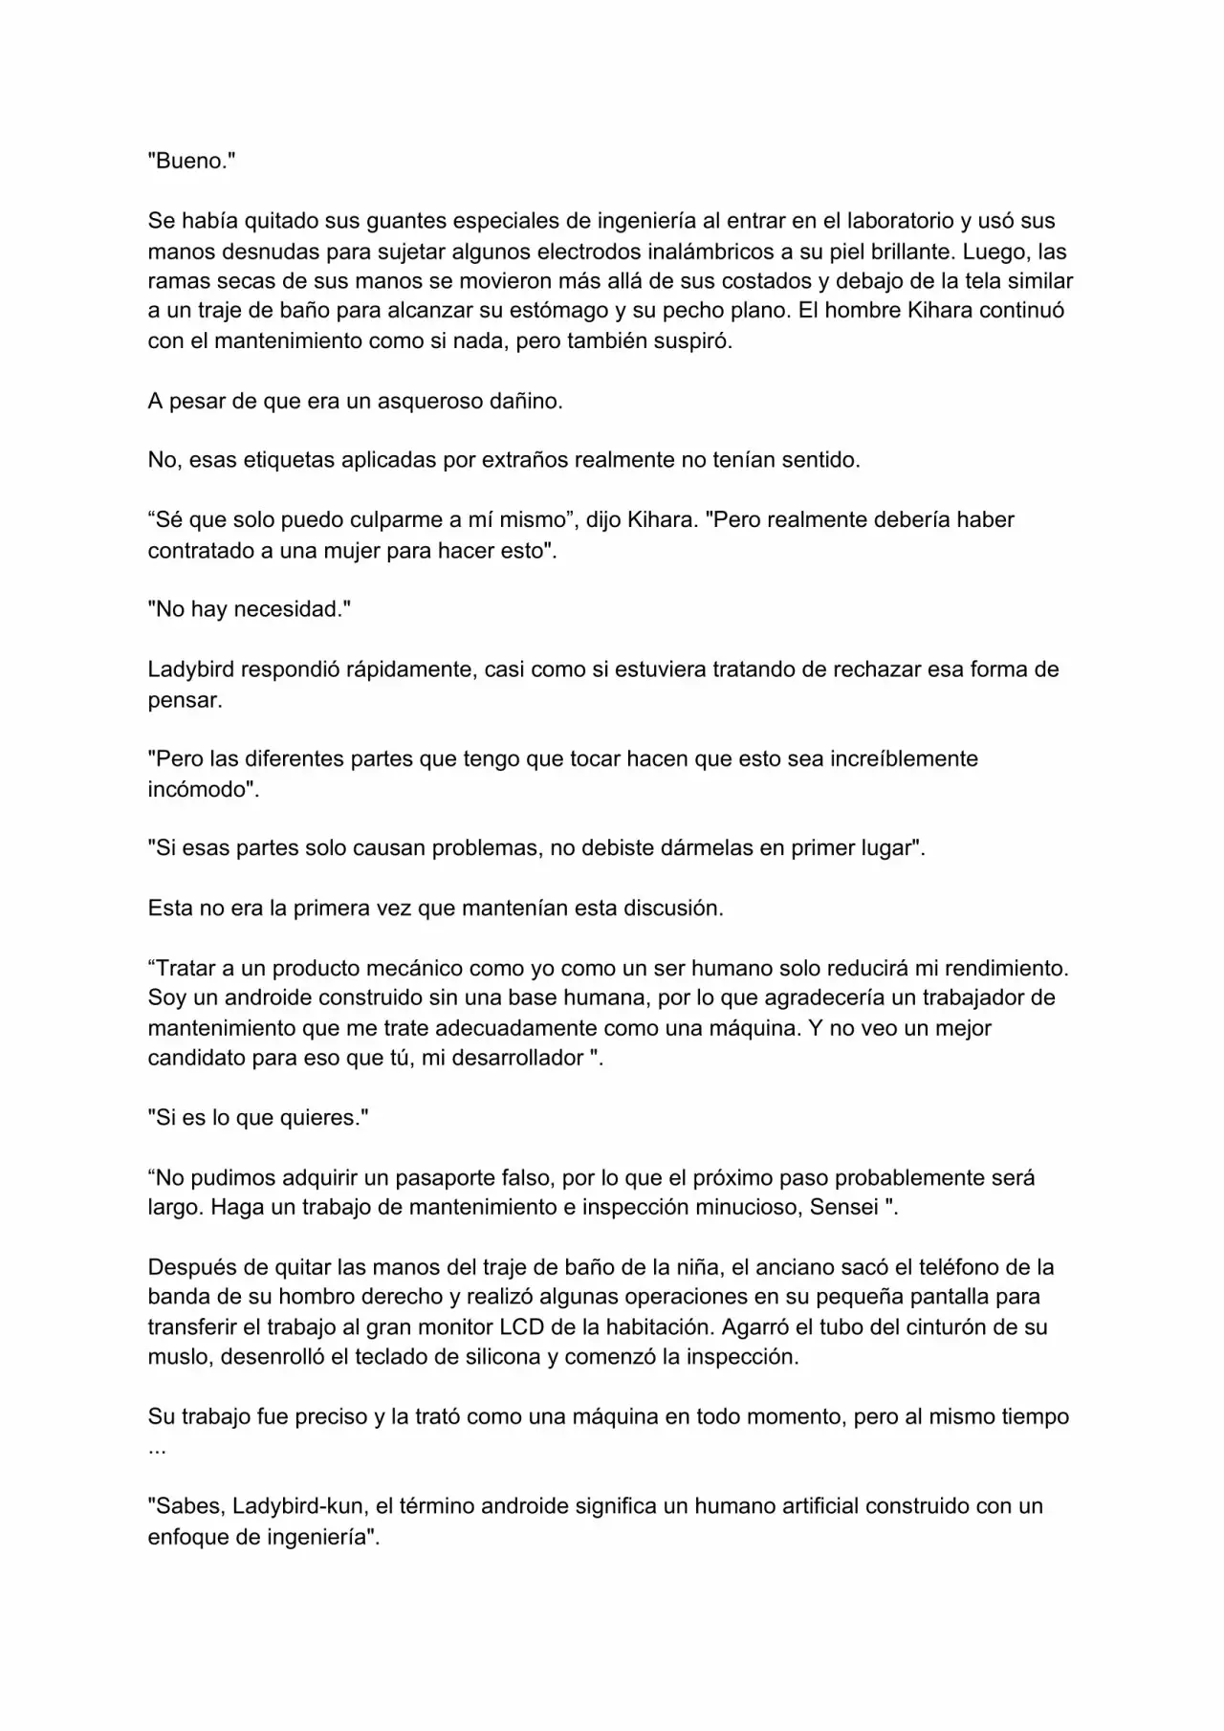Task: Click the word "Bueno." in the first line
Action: (191, 161)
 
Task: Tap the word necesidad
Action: (288, 609)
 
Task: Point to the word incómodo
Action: (203, 789)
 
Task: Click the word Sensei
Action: (844, 1207)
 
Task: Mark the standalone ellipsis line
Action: (157, 1447)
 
